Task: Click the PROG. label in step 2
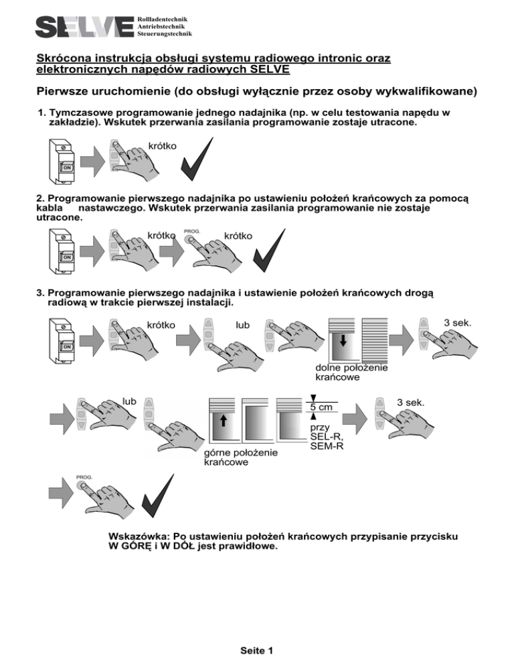coord(192,231)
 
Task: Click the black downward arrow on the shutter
coord(343,342)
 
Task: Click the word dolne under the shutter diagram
coord(329,367)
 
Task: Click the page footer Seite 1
coord(256,650)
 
